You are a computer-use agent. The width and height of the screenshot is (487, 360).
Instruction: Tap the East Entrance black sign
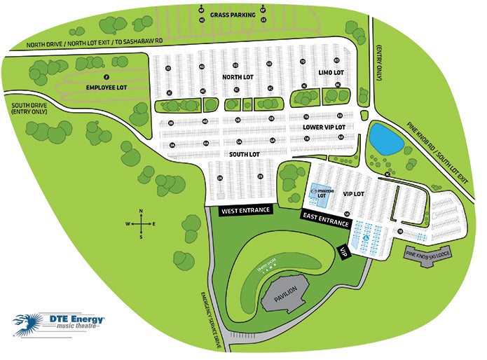coord(327,219)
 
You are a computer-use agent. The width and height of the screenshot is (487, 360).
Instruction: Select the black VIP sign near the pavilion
coord(345,252)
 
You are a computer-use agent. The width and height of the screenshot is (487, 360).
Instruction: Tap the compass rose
coord(141,223)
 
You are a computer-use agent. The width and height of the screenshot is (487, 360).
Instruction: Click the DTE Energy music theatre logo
coord(60,322)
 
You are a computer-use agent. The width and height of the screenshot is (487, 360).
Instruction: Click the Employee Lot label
coord(107,88)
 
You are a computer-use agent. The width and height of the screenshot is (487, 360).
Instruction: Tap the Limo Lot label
coord(331,73)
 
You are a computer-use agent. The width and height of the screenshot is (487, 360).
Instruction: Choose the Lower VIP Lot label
coord(324,127)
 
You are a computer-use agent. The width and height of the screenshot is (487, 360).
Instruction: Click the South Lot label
coord(245,153)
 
